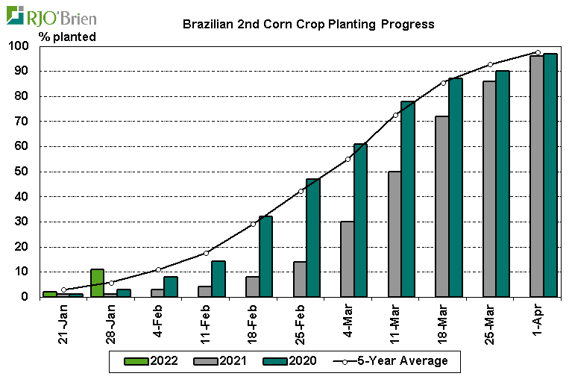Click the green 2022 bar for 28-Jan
click(97, 283)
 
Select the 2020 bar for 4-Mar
click(360, 220)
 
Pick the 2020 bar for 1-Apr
click(550, 175)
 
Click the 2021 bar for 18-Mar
click(442, 207)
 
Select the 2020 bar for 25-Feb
click(312, 238)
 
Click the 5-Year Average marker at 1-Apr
click(538, 52)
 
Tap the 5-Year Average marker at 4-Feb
click(158, 269)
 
